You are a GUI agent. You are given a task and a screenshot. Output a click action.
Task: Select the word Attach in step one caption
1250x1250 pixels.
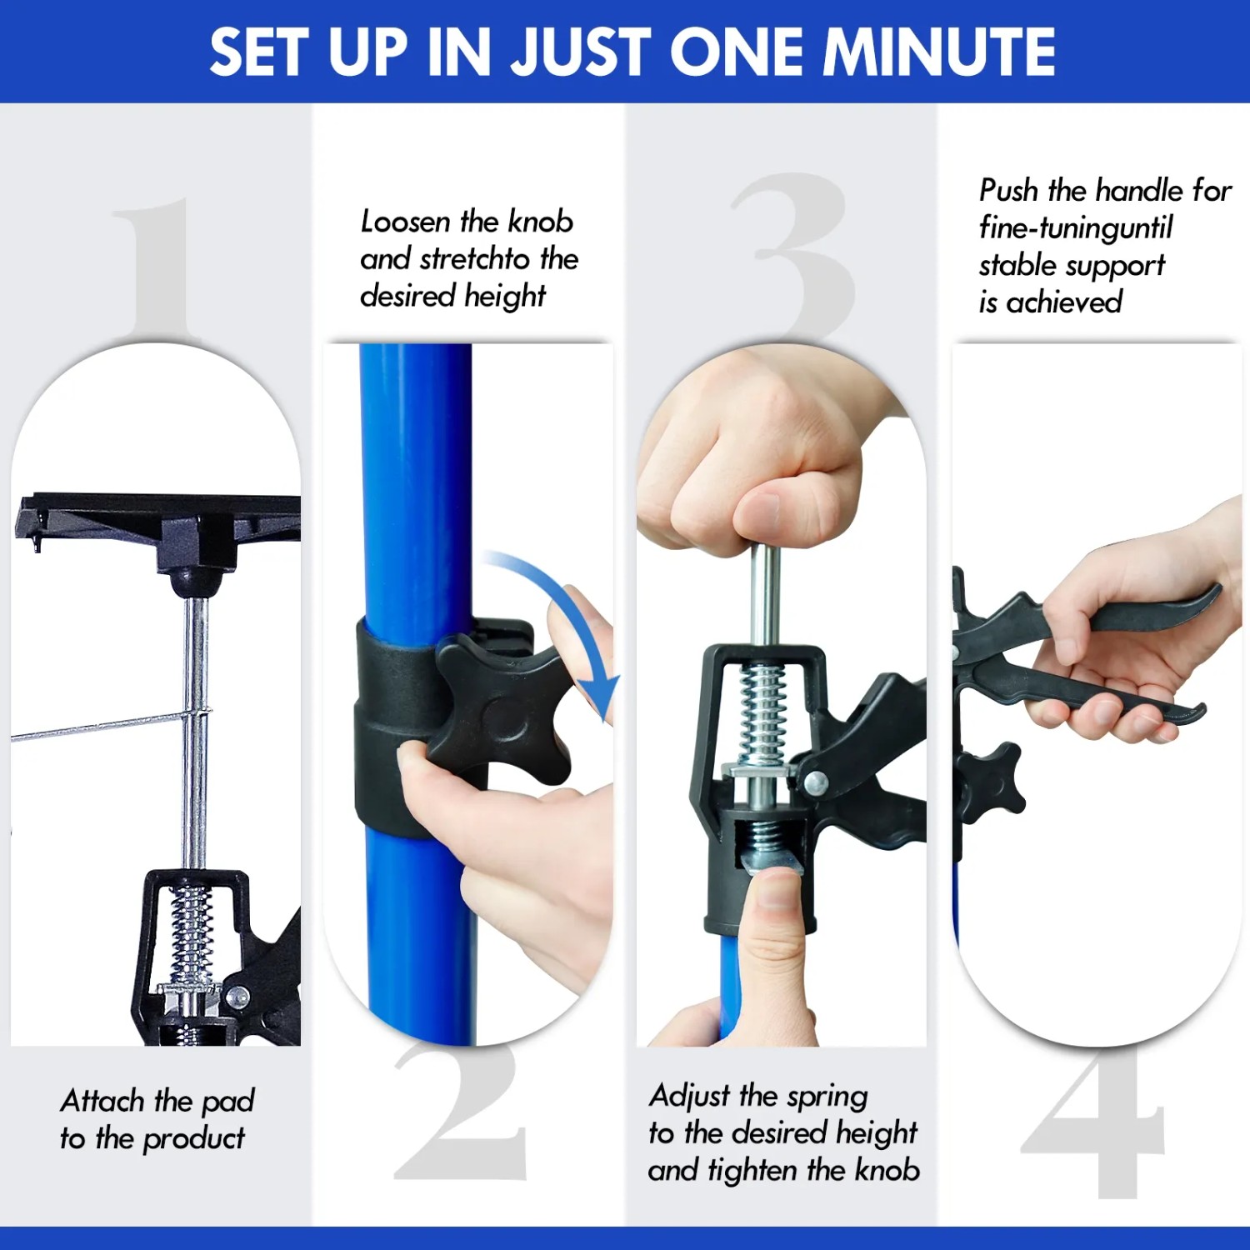[102, 1101]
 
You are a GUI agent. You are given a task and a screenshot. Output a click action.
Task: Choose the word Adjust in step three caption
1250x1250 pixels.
[691, 1097]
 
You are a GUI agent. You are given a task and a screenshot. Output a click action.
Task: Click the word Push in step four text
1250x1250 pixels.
[1009, 191]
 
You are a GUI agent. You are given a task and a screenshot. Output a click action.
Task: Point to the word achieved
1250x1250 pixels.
[1064, 302]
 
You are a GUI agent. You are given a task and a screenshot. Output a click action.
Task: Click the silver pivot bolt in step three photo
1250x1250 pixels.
[816, 783]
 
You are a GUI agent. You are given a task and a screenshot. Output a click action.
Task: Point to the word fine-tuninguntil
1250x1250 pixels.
[1076, 227]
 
